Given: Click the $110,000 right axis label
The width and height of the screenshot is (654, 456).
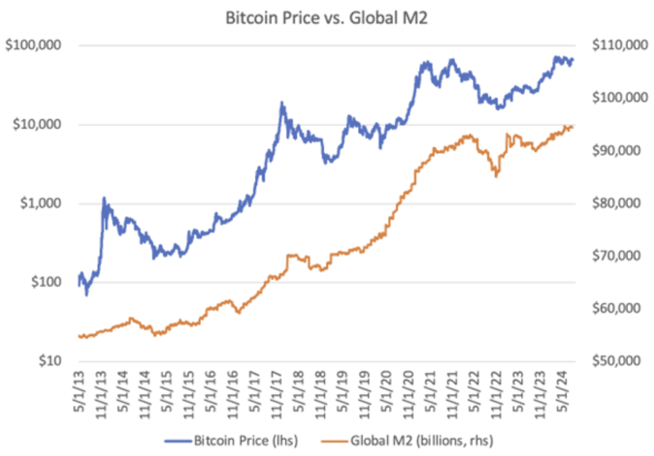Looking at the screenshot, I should tap(617, 46).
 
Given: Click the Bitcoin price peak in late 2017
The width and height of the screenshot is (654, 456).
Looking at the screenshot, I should tap(282, 103).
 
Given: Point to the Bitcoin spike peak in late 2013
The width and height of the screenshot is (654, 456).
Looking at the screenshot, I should tap(104, 198).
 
